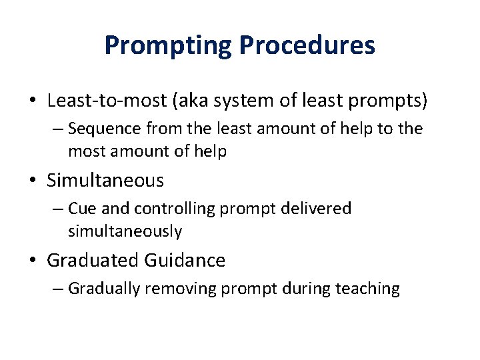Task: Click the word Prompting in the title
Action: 168,45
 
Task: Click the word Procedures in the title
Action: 307,45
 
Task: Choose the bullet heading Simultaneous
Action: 105,180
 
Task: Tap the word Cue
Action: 83,208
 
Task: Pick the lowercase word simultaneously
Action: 125,231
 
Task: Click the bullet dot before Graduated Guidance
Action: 33,261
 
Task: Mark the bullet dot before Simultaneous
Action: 33,181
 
